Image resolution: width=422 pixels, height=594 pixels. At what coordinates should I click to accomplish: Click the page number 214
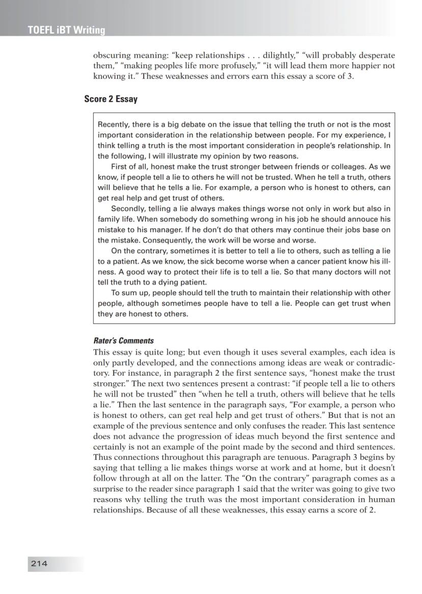[39, 563]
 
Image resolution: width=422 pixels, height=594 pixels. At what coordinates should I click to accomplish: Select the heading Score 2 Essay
[111, 99]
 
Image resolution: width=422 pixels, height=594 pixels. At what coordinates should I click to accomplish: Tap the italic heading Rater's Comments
[123, 341]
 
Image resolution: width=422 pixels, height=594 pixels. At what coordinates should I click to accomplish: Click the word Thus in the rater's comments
[102, 457]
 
